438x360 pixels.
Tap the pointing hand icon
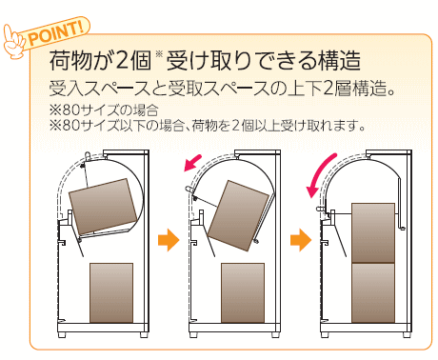[13, 42]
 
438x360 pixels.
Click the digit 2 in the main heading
[121, 60]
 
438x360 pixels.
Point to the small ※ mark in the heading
[159, 54]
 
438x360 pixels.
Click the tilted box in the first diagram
[103, 207]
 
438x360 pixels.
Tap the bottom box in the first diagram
[111, 292]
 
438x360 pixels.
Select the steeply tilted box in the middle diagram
[238, 216]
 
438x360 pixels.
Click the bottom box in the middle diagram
[243, 292]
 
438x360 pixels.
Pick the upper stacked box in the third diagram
[373, 232]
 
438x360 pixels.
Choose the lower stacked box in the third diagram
[373, 293]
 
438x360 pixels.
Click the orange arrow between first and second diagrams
[169, 240]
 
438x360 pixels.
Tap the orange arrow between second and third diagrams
[301, 240]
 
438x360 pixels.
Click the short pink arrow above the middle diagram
[192, 163]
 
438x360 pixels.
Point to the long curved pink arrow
[319, 174]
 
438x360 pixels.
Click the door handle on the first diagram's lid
[88, 156]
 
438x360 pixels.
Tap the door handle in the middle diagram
[189, 190]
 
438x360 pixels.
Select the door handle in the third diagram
[321, 209]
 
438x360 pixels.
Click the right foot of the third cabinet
[406, 334]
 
